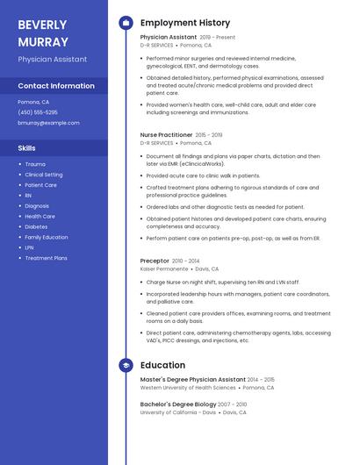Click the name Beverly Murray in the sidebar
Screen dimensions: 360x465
tap(43, 32)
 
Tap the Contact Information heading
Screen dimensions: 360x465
tap(56, 86)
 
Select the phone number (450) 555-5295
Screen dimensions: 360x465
tap(38, 112)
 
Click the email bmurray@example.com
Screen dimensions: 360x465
tap(48, 123)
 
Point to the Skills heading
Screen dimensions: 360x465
tap(27, 148)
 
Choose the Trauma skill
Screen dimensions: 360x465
tap(35, 164)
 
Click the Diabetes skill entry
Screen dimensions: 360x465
tap(36, 226)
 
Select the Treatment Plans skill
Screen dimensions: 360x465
tap(46, 258)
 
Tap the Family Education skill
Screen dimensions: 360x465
tap(47, 237)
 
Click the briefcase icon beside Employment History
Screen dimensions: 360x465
tap(126, 23)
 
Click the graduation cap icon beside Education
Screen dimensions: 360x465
tap(126, 365)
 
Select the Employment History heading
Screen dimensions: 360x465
tap(185, 23)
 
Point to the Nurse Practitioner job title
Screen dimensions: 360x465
tap(166, 135)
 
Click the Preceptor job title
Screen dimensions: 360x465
tap(155, 261)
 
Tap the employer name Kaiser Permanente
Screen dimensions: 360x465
tap(164, 269)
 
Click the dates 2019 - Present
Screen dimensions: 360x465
tap(218, 38)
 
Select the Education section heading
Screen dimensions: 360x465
tap(162, 365)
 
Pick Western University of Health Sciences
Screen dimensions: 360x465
tap(188, 387)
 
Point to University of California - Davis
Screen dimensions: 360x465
tap(177, 411)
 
